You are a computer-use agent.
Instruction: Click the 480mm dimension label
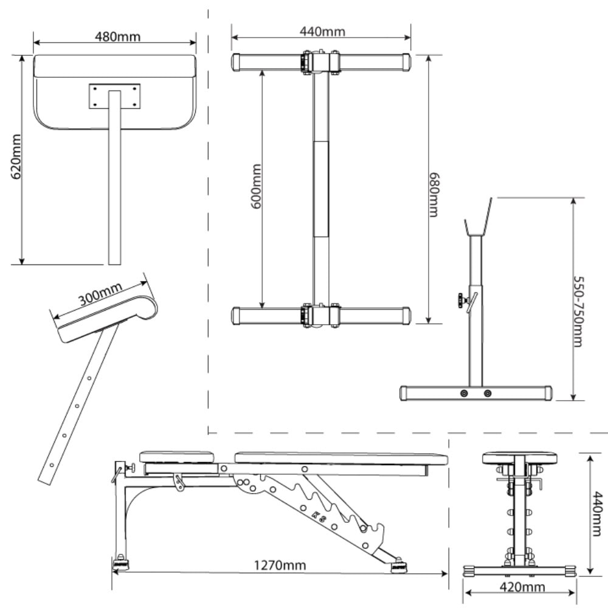coord(117,36)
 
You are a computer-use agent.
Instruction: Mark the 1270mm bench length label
coord(280,565)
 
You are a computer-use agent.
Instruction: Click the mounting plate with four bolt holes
coord(114,96)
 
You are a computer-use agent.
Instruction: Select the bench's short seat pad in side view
coord(178,457)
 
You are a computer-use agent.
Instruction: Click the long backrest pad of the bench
coord(340,457)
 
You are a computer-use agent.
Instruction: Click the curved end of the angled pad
coord(148,307)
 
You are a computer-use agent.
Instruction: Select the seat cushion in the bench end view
coord(519,458)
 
